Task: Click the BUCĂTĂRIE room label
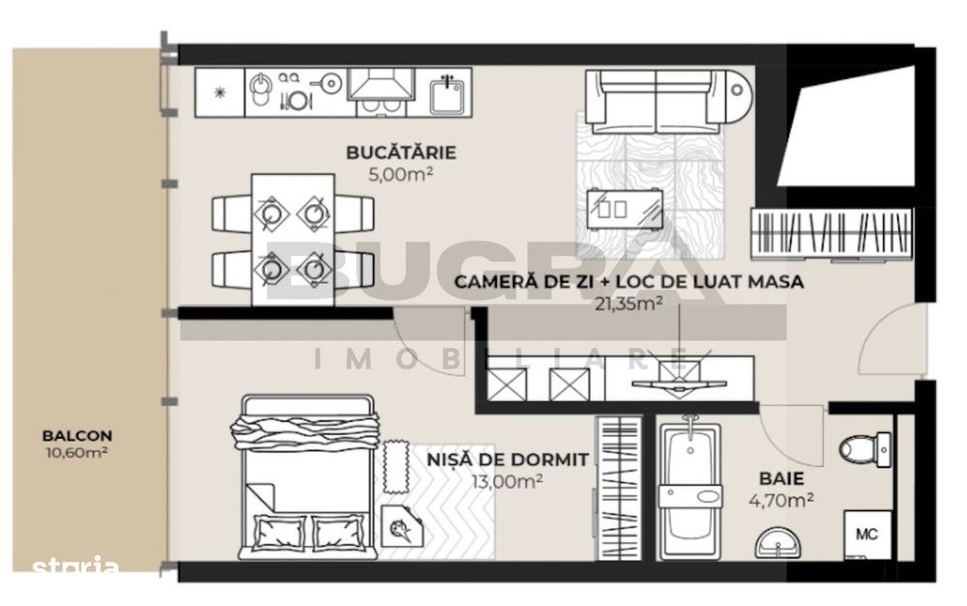pos(401,153)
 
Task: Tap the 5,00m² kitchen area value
pos(400,175)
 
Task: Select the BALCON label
pos(77,436)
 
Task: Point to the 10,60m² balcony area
pos(77,453)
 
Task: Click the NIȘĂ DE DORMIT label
pos(508,459)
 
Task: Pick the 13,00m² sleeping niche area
pos(507,481)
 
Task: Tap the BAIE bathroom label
pos(781,478)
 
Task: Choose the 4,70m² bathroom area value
pos(780,500)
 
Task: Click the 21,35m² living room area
pos(629,303)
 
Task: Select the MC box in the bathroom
pos(867,534)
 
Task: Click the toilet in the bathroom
pos(864,448)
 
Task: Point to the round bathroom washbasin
pos(778,543)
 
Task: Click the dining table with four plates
pos(293,239)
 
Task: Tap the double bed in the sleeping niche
pos(308,476)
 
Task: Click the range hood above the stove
pos(381,84)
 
